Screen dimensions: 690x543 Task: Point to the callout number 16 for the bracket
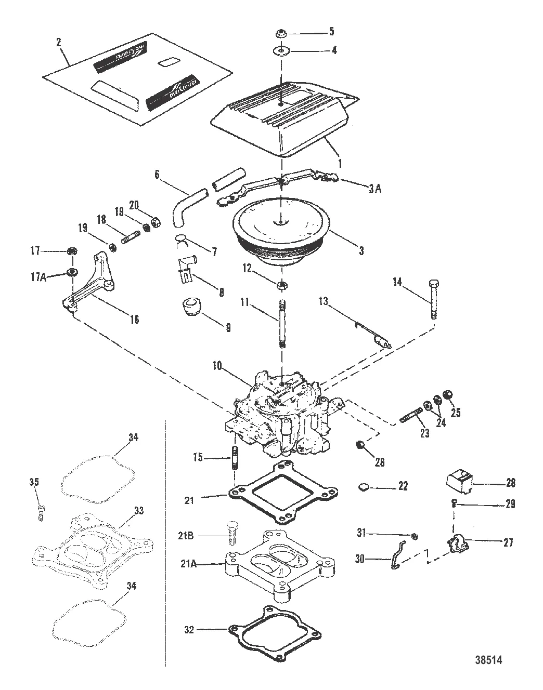134,320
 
